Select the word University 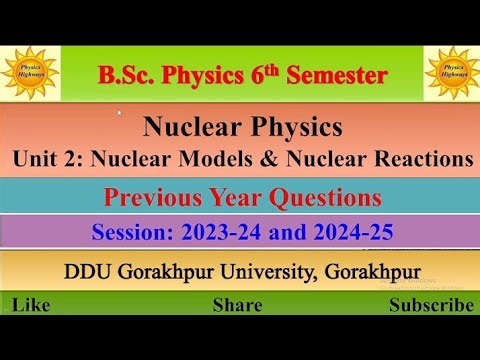pos(277,271)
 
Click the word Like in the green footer pos(33,305)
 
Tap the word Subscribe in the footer pos(431,305)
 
